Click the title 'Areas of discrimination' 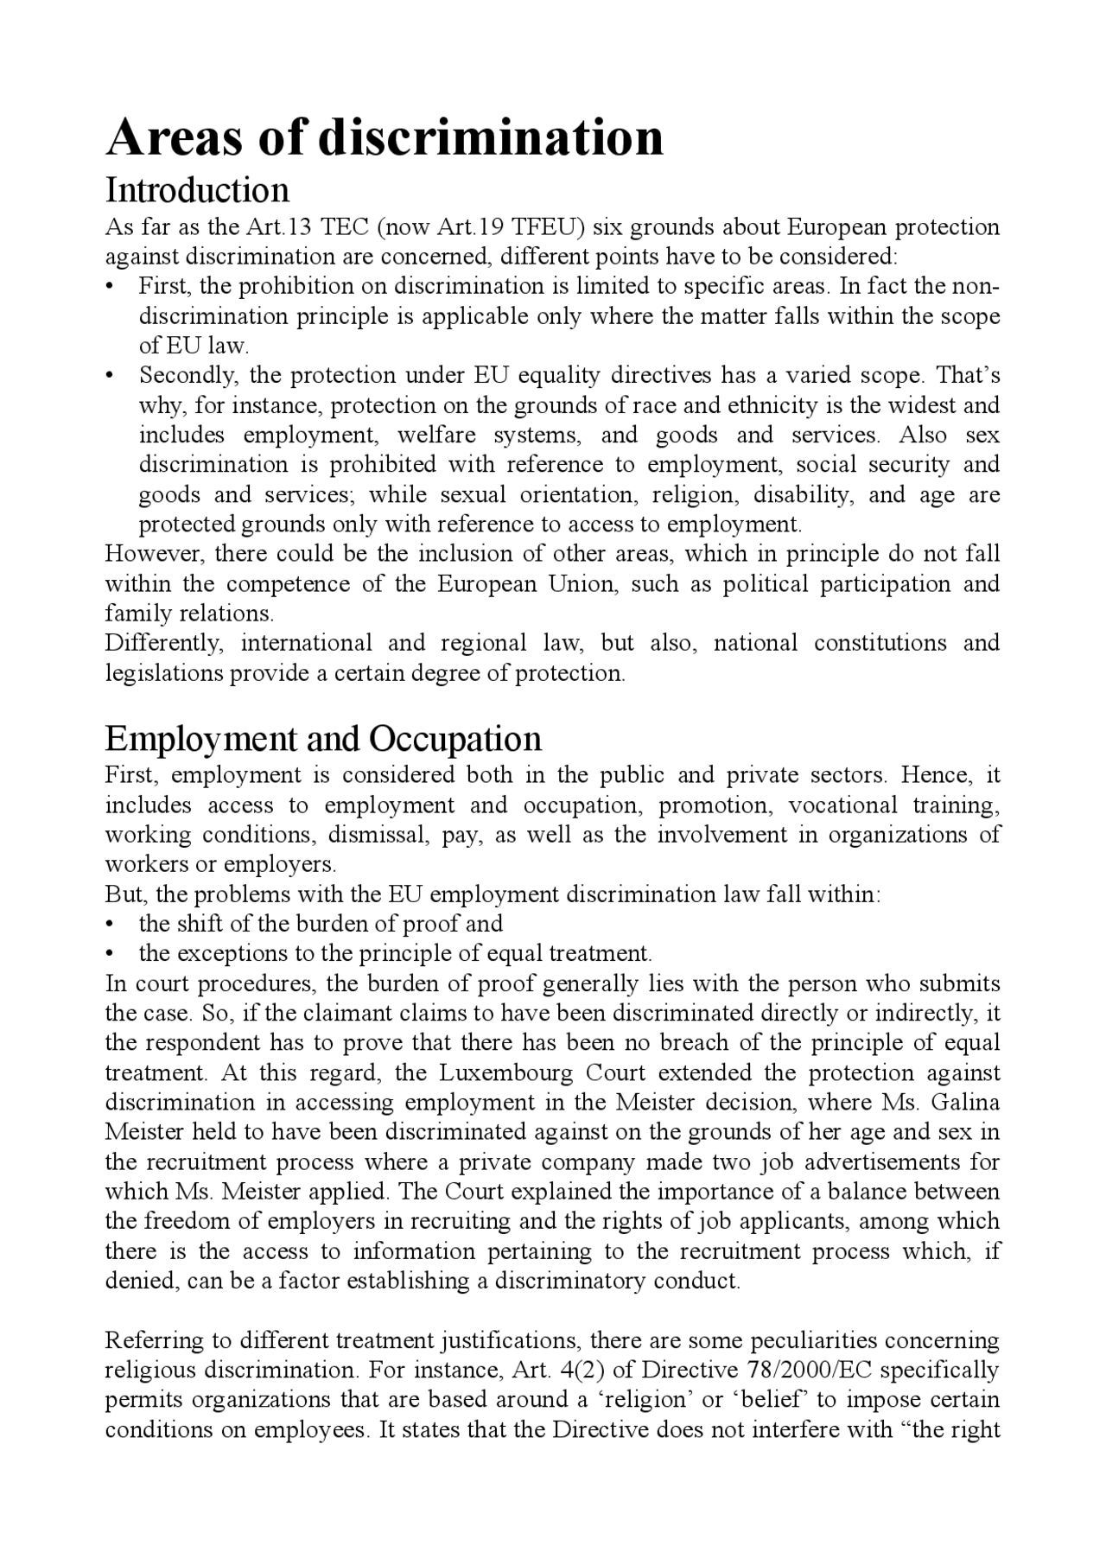point(385,137)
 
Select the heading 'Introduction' point(197,190)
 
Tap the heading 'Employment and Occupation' point(323,739)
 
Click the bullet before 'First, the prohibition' point(110,287)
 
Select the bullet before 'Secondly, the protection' point(110,376)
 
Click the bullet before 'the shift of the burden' point(110,924)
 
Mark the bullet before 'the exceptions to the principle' point(110,954)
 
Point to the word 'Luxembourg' point(505,1073)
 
